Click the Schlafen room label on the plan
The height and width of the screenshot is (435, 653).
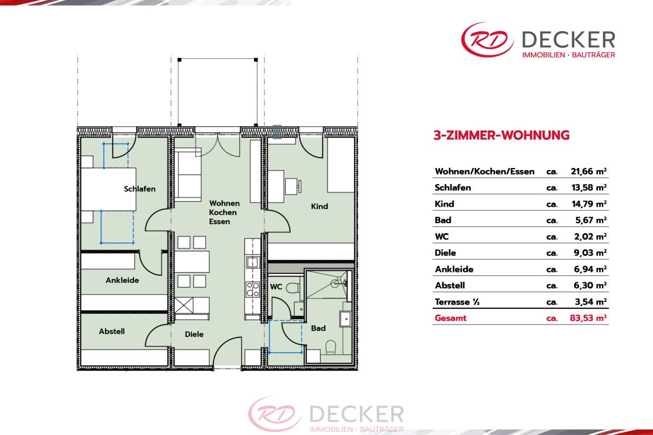[140, 189]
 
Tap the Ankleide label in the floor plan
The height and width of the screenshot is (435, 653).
[122, 280]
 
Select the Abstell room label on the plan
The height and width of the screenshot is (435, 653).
[112, 331]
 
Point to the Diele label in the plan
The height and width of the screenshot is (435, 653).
[194, 334]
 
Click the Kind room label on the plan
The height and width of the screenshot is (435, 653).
[319, 206]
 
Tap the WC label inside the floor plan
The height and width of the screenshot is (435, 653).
[276, 287]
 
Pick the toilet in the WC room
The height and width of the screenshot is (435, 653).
[293, 288]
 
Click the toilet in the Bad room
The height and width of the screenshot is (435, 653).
[331, 347]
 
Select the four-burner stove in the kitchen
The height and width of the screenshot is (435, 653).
[252, 289]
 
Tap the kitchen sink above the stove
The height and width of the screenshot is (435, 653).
[252, 262]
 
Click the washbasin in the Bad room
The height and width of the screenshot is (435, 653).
[346, 319]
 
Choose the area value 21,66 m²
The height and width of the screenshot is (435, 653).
[589, 171]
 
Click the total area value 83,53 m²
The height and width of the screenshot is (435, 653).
[588, 318]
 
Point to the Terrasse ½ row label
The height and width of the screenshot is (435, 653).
[457, 302]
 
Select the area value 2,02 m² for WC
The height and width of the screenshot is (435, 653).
[590, 237]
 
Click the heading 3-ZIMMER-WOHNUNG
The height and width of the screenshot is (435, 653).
[501, 135]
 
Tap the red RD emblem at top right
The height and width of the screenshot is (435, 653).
[488, 39]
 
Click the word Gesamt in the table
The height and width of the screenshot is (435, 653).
[451, 318]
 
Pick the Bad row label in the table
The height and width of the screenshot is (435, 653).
[443, 220]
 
